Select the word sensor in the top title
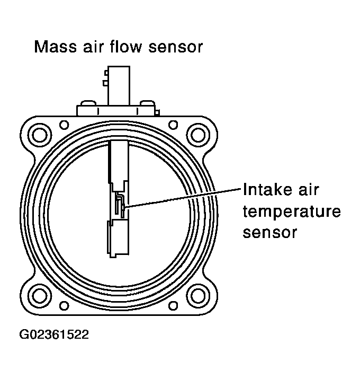(x=177, y=48)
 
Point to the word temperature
(x=291, y=211)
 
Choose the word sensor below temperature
(x=269, y=232)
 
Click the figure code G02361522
(x=55, y=335)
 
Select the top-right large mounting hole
(x=198, y=134)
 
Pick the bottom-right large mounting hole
(x=198, y=293)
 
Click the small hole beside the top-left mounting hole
(x=64, y=125)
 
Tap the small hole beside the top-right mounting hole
(x=173, y=125)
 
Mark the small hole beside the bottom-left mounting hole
(x=64, y=306)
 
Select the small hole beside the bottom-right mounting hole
(x=173, y=306)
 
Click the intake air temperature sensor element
(x=121, y=206)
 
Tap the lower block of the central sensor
(x=119, y=239)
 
